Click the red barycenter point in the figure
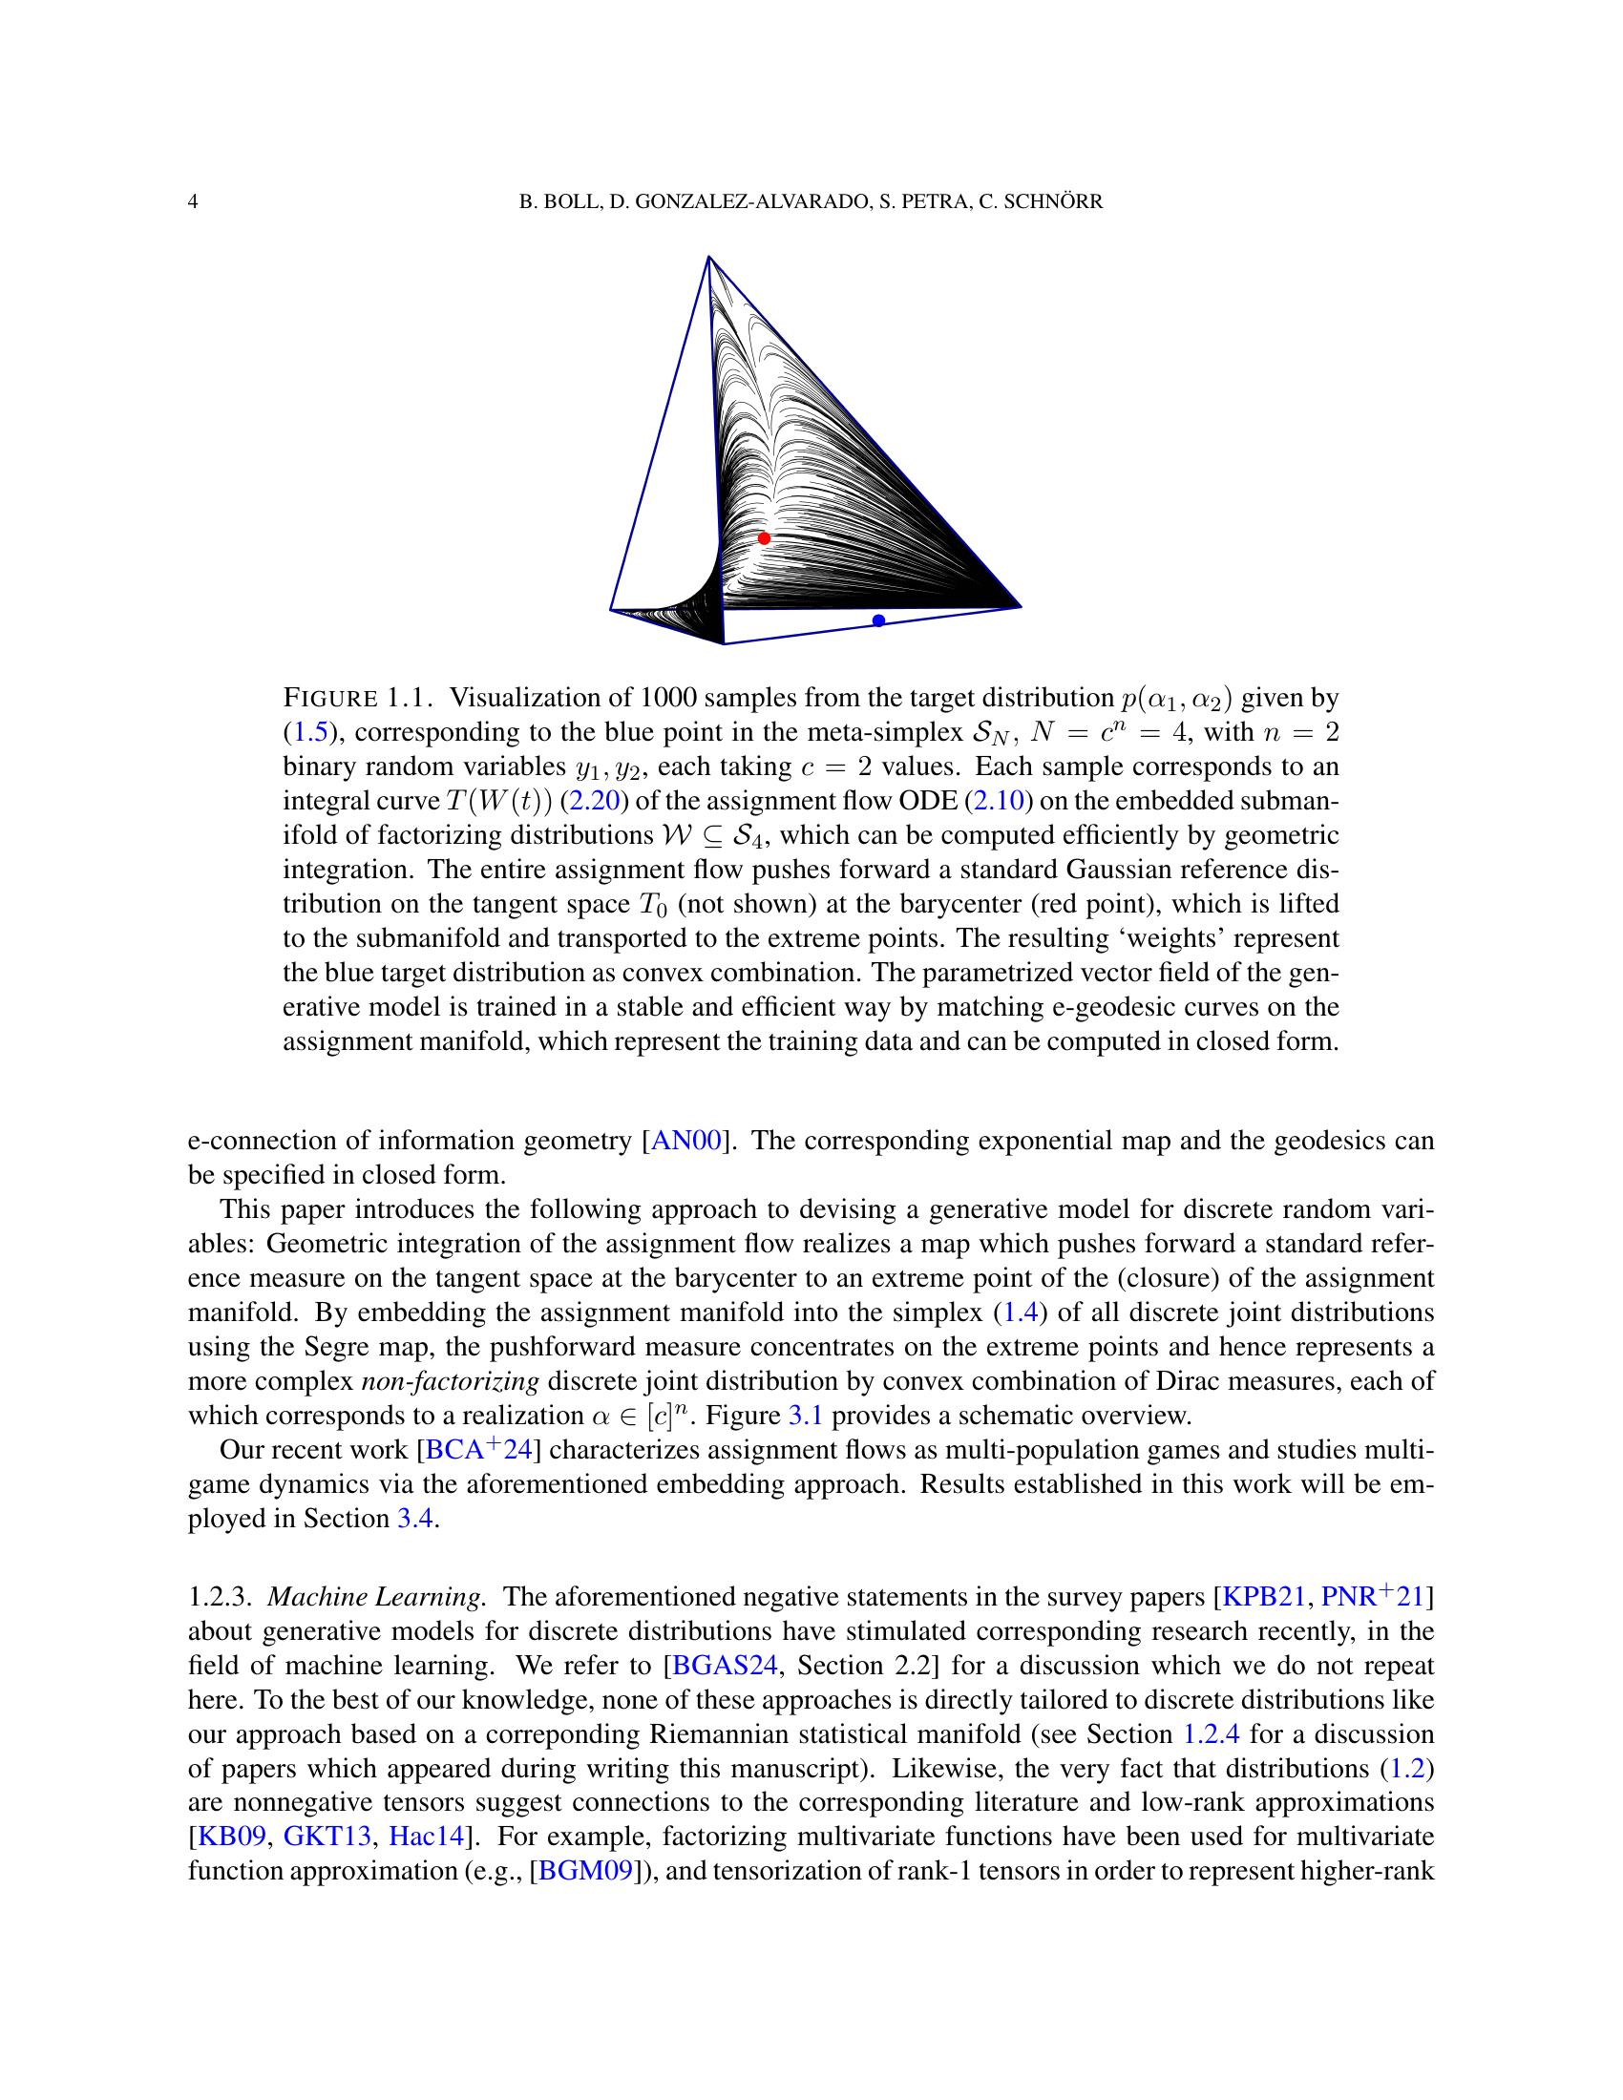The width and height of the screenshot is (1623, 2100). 764,537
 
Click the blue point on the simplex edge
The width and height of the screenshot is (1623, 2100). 877,620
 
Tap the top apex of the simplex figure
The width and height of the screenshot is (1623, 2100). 708,257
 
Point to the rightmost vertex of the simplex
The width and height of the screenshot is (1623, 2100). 1020,607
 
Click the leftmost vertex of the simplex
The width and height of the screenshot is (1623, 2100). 612,609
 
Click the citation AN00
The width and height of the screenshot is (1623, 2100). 685,1142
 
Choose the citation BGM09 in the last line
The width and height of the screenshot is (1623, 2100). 587,1872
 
